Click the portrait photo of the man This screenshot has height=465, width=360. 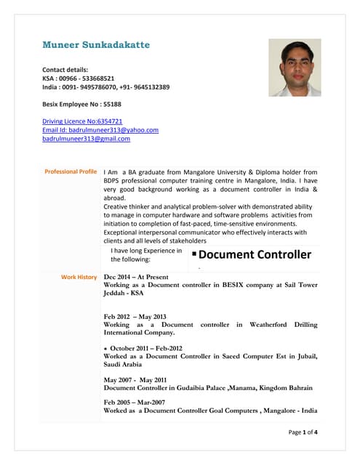[x=295, y=68]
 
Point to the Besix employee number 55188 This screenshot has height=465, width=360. [x=111, y=104]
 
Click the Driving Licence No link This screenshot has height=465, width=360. [x=82, y=121]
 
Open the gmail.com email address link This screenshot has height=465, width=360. [x=86, y=139]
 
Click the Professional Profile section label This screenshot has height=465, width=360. [x=71, y=171]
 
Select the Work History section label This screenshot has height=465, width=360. [x=79, y=277]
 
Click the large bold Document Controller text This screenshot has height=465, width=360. [x=255, y=254]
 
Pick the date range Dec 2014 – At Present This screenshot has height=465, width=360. [x=136, y=277]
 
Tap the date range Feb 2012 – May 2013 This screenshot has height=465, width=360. [x=135, y=316]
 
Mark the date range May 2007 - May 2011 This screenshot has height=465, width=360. [x=135, y=379]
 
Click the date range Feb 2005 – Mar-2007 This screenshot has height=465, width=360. [x=135, y=402]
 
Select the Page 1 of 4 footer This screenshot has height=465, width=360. [x=303, y=432]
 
